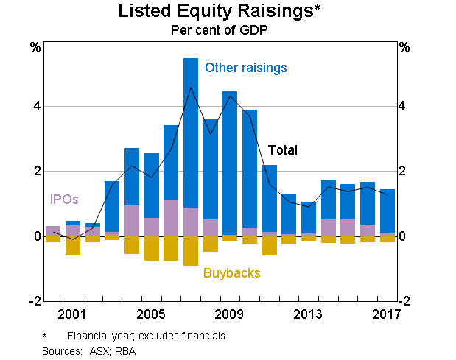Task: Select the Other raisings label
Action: coord(245,68)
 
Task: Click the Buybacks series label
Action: coord(232,273)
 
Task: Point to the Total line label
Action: coord(282,150)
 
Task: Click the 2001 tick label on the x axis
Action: coord(72,314)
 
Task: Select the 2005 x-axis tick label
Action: coord(151,314)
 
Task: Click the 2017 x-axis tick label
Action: coord(386,314)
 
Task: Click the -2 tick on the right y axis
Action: coord(404,301)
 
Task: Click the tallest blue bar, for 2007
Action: coord(190,133)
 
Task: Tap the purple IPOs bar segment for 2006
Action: coord(171,218)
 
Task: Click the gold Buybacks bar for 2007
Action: coord(190,251)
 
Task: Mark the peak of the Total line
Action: coord(191,88)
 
